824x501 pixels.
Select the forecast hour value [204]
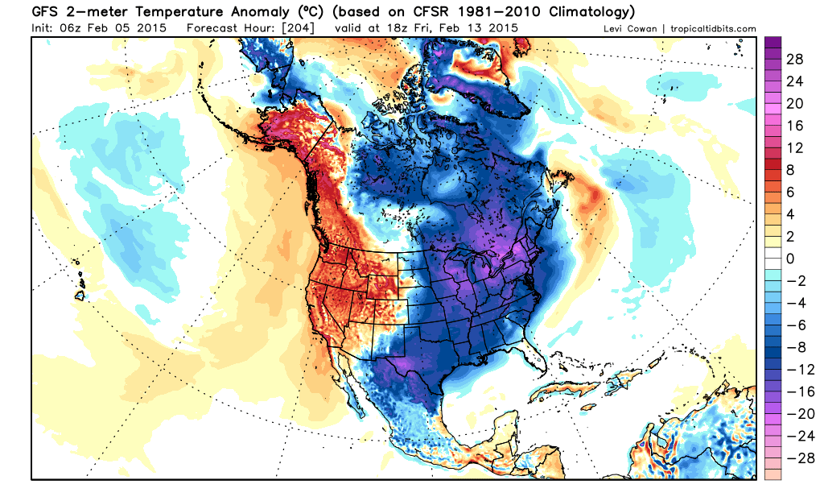click(x=298, y=27)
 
